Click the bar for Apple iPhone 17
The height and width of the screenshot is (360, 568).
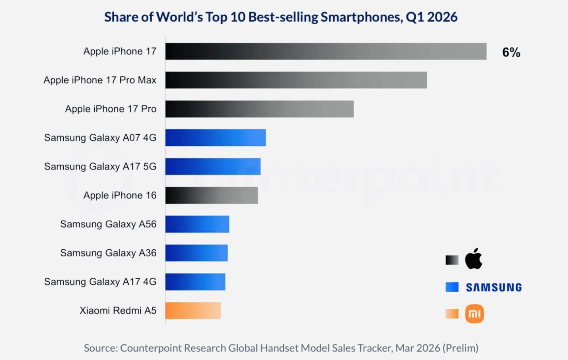326,51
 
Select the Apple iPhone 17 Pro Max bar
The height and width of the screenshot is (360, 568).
296,80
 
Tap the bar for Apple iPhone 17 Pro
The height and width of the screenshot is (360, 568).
259,109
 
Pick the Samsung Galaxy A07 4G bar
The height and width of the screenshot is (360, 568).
215,138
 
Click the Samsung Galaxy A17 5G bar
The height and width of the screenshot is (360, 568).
213,167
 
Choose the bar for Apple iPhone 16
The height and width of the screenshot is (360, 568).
212,195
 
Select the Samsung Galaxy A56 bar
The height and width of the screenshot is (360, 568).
197,224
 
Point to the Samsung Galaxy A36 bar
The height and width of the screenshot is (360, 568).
196,253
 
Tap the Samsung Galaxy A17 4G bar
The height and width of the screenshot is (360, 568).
195,282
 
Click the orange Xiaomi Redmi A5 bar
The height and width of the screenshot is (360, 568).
193,310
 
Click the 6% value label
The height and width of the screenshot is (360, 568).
511,53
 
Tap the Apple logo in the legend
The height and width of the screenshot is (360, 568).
473,259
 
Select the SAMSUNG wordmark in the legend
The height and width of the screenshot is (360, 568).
494,287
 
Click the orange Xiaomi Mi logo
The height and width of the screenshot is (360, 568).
475,314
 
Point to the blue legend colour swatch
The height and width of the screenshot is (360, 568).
452,287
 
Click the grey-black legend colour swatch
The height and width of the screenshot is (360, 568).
452,260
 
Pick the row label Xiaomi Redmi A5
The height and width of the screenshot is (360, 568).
118,310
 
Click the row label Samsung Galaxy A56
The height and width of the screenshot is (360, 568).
108,224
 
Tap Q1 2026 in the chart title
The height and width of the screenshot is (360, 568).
432,17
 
